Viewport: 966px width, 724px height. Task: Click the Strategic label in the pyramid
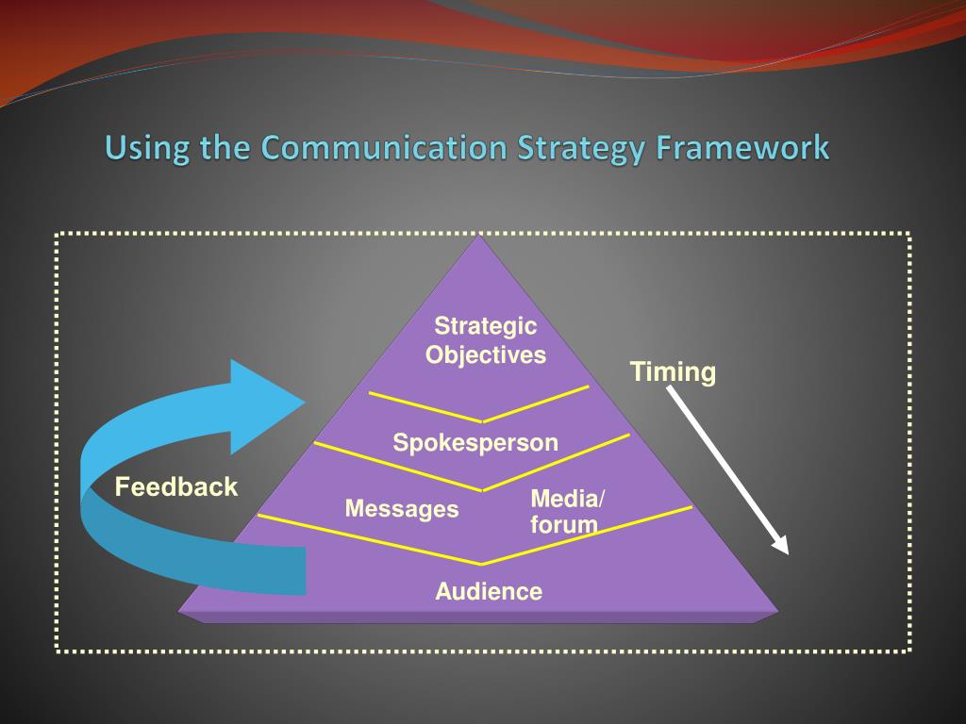click(485, 326)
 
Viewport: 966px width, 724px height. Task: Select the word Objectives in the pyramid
click(485, 355)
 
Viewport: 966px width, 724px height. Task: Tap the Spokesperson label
click(475, 442)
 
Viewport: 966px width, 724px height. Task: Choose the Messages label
click(402, 509)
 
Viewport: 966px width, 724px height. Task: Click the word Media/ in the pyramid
click(569, 498)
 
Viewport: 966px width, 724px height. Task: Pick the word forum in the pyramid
click(564, 525)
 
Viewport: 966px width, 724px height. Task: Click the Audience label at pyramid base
click(489, 592)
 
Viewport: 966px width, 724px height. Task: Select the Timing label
click(673, 372)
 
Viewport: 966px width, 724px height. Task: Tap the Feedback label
click(176, 487)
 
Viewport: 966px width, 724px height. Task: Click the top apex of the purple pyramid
click(481, 238)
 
